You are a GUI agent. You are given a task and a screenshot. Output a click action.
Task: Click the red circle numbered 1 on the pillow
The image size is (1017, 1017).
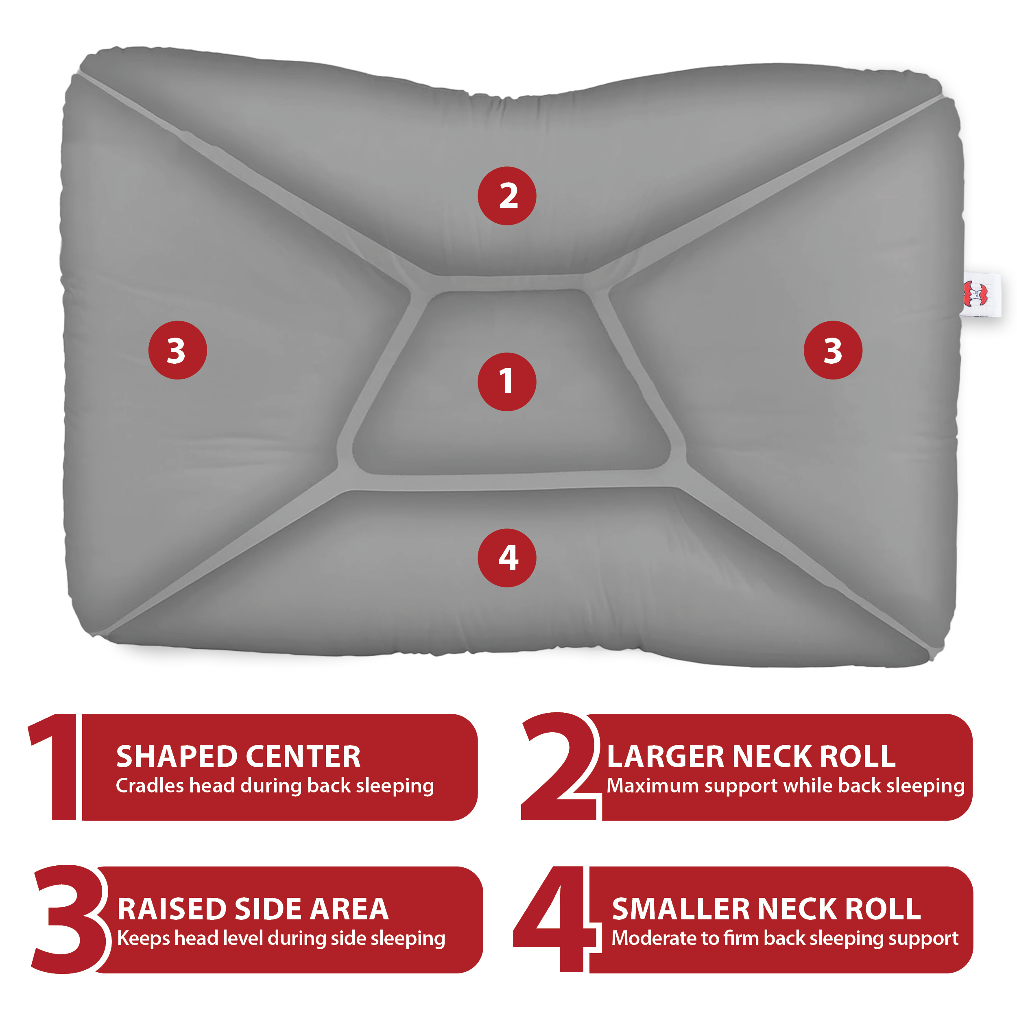[x=507, y=382]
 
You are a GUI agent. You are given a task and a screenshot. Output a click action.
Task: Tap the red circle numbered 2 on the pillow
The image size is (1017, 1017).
[x=507, y=196]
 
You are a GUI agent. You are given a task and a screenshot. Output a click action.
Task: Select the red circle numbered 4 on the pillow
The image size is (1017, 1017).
[x=507, y=558]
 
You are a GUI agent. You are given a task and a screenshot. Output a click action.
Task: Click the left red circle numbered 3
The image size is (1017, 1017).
[x=177, y=350]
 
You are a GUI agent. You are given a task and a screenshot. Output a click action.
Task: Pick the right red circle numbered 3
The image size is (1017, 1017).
[x=833, y=350]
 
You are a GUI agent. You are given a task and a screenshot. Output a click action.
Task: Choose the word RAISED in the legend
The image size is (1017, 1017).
[x=172, y=909]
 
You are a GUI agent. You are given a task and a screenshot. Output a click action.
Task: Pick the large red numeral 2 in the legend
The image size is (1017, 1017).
[x=559, y=766]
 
